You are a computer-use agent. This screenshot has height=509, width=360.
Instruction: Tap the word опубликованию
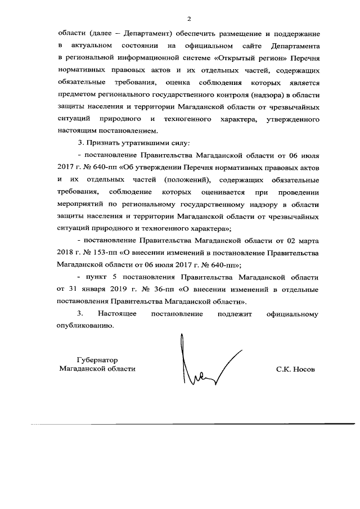(x=84, y=326)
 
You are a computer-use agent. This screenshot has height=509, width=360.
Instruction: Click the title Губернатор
(x=98, y=359)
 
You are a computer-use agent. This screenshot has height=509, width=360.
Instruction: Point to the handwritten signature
(x=208, y=366)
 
